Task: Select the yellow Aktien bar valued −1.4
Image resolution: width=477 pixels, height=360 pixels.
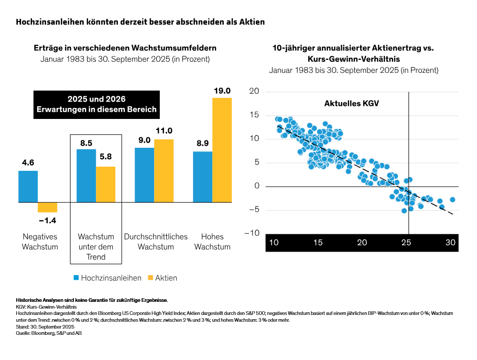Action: click(x=47, y=207)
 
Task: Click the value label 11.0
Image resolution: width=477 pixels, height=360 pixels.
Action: click(x=164, y=130)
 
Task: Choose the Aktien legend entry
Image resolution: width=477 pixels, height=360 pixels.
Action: click(x=162, y=277)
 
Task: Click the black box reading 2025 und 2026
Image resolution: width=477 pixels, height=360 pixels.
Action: click(x=96, y=104)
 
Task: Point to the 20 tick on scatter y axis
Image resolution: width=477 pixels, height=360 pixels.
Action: click(x=254, y=92)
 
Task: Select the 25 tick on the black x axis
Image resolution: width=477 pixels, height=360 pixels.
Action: click(x=406, y=243)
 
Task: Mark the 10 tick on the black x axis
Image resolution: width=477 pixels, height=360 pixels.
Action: click(x=274, y=243)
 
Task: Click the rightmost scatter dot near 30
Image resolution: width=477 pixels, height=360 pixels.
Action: click(x=452, y=200)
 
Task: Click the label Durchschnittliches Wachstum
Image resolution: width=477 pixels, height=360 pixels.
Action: click(x=156, y=242)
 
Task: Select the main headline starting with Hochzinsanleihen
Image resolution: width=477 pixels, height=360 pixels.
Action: click(x=140, y=22)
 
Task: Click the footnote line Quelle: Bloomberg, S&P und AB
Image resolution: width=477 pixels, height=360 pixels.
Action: click(x=49, y=333)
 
